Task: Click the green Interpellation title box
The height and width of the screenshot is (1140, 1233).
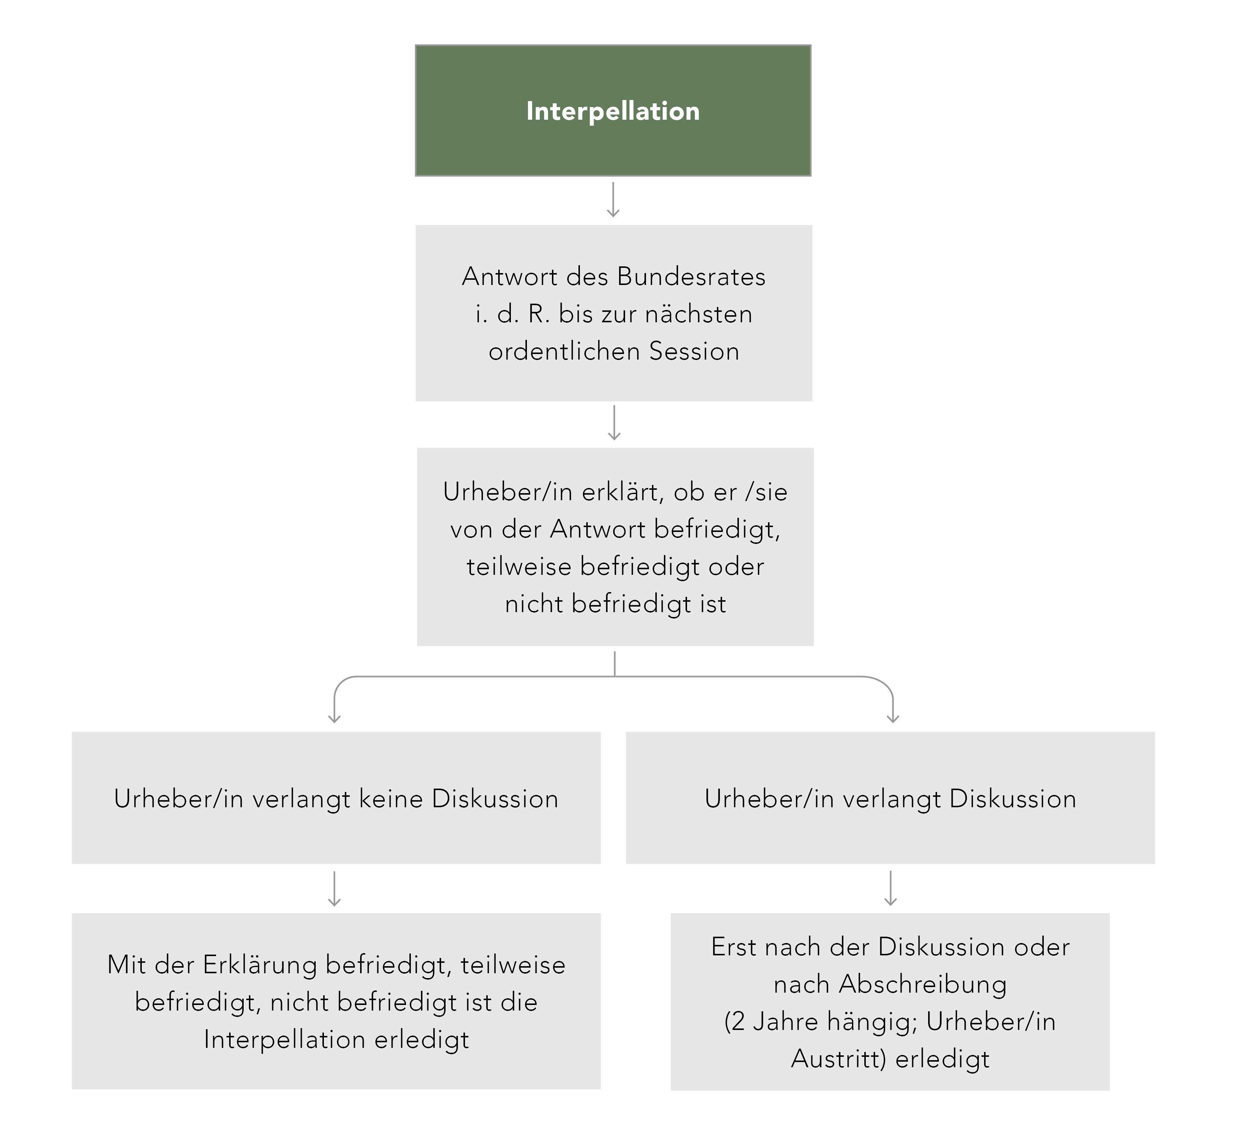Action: click(x=613, y=110)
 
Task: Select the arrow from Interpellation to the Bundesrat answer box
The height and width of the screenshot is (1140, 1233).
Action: click(x=613, y=199)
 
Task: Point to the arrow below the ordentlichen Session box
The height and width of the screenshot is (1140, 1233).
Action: click(x=614, y=423)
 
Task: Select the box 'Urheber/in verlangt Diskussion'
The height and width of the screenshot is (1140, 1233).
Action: click(x=890, y=798)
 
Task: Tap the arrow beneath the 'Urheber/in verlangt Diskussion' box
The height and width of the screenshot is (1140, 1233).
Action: click(x=890, y=888)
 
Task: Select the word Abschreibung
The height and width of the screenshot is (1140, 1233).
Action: click(x=923, y=984)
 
